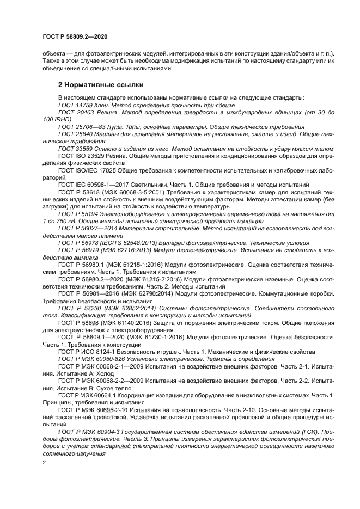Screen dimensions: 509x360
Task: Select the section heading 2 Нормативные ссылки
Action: [x=101, y=85]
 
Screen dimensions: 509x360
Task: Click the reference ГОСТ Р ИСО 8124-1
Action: [x=87, y=351]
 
